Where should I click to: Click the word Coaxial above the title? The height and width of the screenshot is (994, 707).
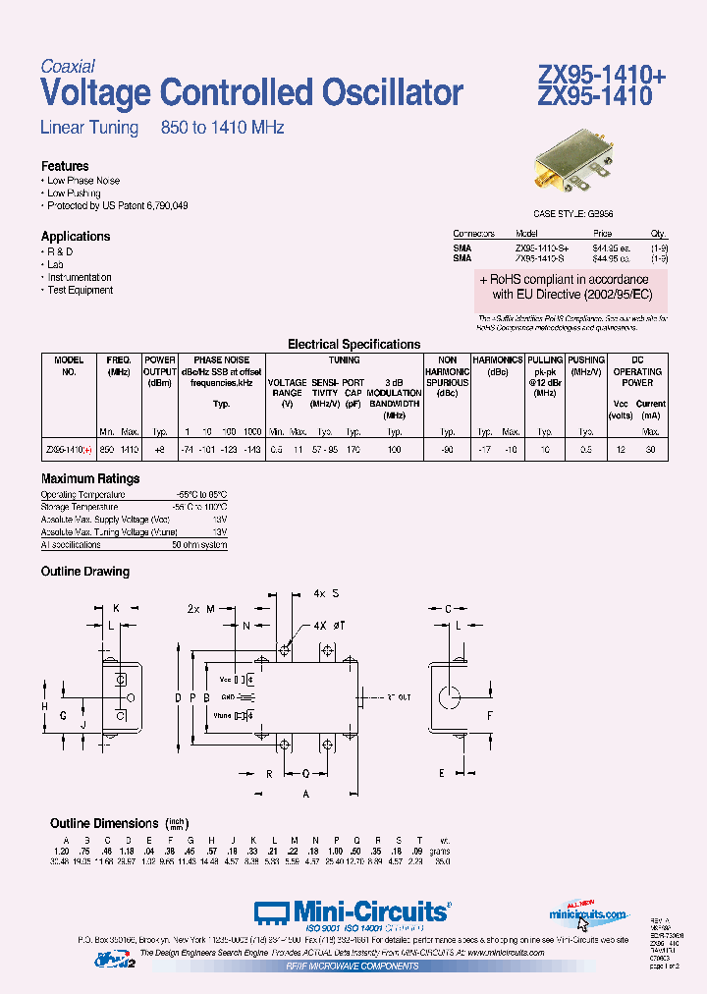(x=68, y=67)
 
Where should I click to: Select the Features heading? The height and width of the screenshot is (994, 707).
(x=65, y=166)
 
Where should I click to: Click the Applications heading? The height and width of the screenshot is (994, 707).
(x=76, y=236)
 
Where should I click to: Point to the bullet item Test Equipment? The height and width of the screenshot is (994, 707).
(x=81, y=290)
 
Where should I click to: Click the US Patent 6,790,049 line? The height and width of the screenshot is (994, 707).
(x=118, y=206)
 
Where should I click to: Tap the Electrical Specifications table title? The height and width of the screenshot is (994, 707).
(x=353, y=345)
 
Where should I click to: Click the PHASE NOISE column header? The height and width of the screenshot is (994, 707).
(x=222, y=360)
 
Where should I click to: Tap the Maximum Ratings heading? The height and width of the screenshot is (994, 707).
(x=90, y=478)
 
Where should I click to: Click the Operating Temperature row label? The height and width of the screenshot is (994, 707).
(x=83, y=494)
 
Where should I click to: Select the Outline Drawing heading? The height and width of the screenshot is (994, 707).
(x=84, y=571)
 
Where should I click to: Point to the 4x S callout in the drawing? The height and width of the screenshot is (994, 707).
(x=327, y=594)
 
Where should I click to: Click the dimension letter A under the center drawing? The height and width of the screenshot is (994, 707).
(x=305, y=793)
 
